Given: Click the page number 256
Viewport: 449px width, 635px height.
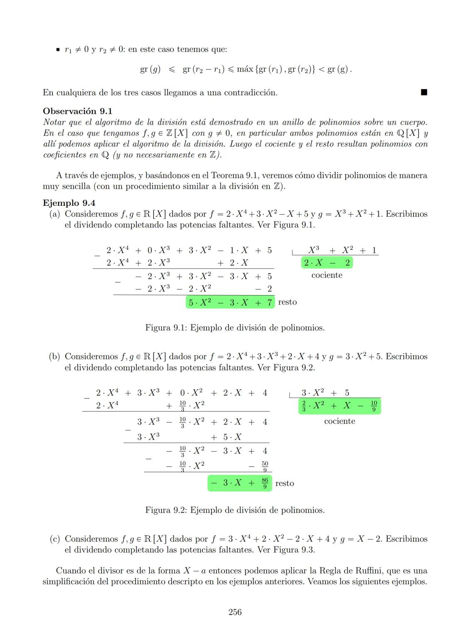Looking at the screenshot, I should pyautogui.click(x=235, y=612).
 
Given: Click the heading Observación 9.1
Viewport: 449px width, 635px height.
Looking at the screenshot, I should pyautogui.click(x=78, y=111).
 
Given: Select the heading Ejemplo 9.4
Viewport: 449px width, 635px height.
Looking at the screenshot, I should pyautogui.click(x=69, y=203).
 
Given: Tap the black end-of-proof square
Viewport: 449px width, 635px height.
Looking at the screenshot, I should pyautogui.click(x=424, y=92).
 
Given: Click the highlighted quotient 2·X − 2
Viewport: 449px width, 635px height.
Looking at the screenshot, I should pyautogui.click(x=327, y=262).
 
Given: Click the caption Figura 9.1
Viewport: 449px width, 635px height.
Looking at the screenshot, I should pyautogui.click(x=235, y=328).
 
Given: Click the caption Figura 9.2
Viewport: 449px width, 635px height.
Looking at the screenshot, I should pyautogui.click(x=235, y=510).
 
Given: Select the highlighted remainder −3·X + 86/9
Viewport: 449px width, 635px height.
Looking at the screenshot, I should pyautogui.click(x=239, y=483).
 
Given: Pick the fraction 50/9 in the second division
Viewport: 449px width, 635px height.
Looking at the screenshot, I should pyautogui.click(x=265, y=466).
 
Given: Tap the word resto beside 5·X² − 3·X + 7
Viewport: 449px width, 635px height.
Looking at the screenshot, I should pyautogui.click(x=287, y=302).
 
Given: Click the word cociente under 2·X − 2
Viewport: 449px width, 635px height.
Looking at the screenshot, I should pyautogui.click(x=327, y=275).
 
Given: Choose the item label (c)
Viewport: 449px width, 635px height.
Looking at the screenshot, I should pyautogui.click(x=55, y=539).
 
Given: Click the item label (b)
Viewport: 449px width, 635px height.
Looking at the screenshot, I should pyautogui.click(x=55, y=357).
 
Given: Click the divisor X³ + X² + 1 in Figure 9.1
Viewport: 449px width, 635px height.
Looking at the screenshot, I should pyautogui.click(x=342, y=250).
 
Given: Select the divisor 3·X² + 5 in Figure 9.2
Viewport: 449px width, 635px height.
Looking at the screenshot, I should pyautogui.click(x=325, y=393).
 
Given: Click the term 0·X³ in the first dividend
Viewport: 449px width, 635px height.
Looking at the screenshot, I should pyautogui.click(x=158, y=250).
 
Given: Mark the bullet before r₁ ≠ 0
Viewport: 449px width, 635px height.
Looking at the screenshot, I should pyautogui.click(x=58, y=50).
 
